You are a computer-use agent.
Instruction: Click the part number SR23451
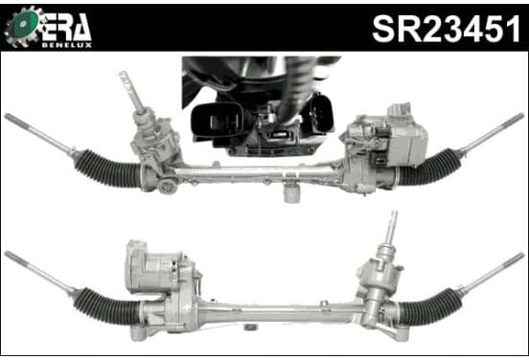click(446, 30)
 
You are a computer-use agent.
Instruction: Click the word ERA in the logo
click(66, 28)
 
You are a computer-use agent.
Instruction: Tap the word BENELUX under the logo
click(67, 45)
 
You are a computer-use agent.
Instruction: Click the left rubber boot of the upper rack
click(107, 169)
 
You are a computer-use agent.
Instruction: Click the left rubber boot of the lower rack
click(106, 306)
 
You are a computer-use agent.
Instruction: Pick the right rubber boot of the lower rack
click(430, 306)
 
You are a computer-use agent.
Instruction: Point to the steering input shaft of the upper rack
click(133, 94)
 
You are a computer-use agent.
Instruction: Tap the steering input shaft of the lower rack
click(391, 228)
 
